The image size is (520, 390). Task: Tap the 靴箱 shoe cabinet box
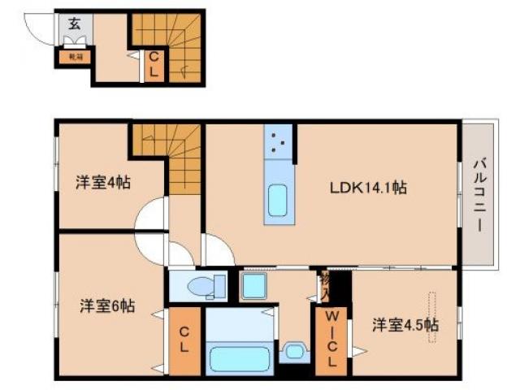point(75,58)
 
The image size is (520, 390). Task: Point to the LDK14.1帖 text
point(368,188)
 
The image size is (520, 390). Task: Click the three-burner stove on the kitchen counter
point(279,143)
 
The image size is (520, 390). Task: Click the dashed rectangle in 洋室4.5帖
point(430,317)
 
